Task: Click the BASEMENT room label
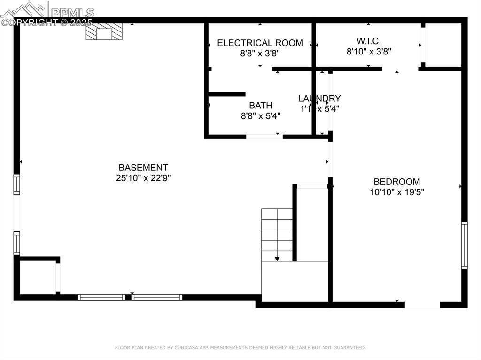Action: click(143, 168)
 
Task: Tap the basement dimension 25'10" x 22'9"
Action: click(143, 178)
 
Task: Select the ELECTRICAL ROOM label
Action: click(260, 43)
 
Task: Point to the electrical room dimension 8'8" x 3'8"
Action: click(260, 54)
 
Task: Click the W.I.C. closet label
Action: click(369, 41)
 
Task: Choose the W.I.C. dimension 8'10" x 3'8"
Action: click(369, 52)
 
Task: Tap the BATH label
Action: click(260, 106)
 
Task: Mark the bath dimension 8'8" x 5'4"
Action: click(260, 116)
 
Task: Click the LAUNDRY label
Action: click(319, 99)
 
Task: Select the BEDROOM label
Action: click(397, 182)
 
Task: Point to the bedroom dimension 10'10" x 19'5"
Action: click(397, 192)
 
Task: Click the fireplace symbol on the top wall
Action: click(104, 32)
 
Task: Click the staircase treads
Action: click(277, 232)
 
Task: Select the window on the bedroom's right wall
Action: click(464, 245)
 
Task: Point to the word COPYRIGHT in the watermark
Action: click(31, 22)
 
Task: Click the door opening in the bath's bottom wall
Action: click(264, 137)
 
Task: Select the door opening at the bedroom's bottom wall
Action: click(422, 305)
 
